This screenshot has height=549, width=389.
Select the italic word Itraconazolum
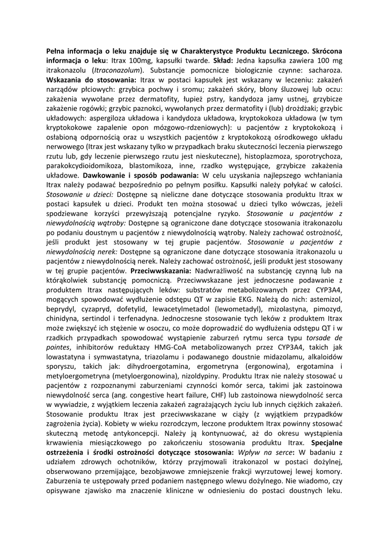click(x=118, y=70)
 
